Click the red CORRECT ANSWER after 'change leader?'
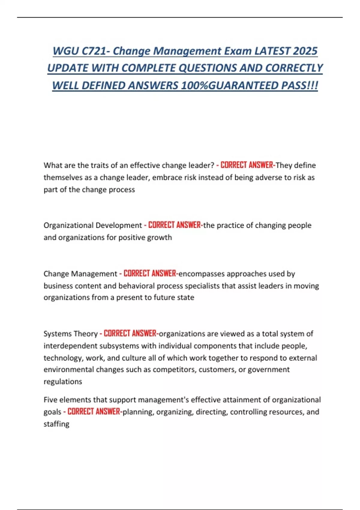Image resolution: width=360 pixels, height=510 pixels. (x=247, y=165)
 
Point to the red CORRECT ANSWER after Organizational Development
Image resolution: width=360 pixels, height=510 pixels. (x=175, y=225)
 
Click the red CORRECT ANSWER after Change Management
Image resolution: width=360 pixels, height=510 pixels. (x=150, y=274)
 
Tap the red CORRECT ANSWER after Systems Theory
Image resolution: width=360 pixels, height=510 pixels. (x=130, y=334)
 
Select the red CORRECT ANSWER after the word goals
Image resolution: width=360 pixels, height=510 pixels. (x=94, y=412)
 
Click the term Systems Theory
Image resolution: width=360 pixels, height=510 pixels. (x=70, y=334)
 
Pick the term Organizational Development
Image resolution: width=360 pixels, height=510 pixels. (x=93, y=225)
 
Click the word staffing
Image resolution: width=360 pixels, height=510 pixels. (x=56, y=424)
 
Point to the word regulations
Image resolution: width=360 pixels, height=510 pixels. (x=63, y=382)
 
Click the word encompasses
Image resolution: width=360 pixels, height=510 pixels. (x=201, y=274)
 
